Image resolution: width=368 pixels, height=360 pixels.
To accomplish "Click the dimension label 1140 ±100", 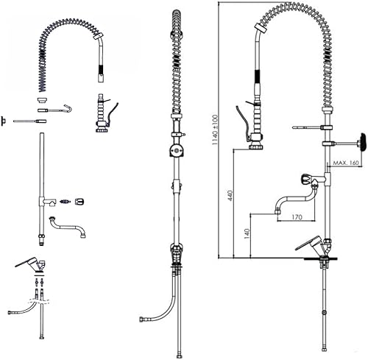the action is click(x=215, y=130).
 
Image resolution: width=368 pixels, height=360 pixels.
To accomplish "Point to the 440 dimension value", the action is click(x=230, y=196).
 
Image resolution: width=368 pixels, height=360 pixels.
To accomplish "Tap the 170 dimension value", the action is click(x=297, y=217).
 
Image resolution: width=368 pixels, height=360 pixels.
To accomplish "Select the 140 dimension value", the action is click(x=247, y=233).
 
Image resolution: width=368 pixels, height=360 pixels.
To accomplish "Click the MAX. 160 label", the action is click(x=346, y=163).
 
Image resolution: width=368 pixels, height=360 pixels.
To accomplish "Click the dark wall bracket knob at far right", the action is click(x=362, y=143).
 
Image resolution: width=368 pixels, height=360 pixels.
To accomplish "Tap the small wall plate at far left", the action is click(x=4, y=121).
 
